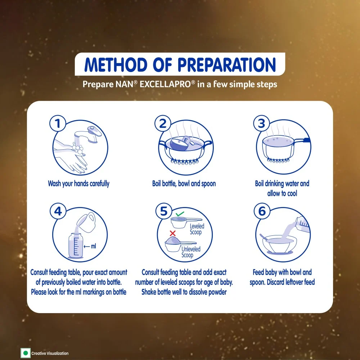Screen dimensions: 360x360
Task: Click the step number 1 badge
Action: click(x=58, y=123)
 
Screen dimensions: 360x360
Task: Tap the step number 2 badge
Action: click(x=163, y=123)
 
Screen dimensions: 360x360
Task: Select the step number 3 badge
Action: click(x=261, y=123)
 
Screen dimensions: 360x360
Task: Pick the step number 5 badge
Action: click(x=164, y=211)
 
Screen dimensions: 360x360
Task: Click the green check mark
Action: click(x=180, y=214)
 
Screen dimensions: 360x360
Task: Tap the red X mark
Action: click(x=173, y=234)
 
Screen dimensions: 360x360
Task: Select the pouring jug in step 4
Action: click(x=86, y=222)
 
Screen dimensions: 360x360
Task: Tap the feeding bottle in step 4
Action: click(x=75, y=246)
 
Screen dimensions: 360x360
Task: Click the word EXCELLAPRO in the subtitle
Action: click(x=166, y=84)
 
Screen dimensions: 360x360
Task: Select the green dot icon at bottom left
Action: click(x=26, y=353)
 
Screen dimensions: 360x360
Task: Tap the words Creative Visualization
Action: click(x=50, y=354)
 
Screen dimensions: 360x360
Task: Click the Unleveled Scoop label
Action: click(x=191, y=252)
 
